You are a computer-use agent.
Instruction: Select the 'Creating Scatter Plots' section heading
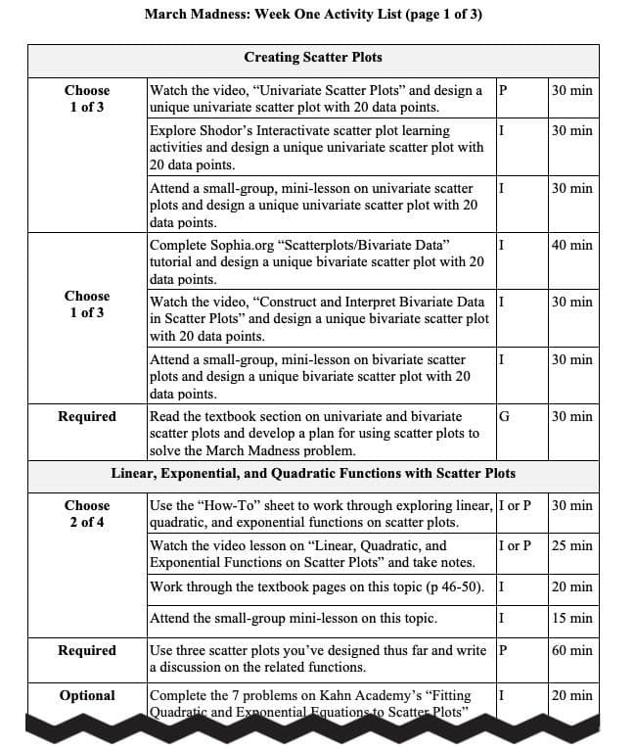(x=313, y=58)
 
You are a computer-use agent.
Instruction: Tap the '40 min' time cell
(x=571, y=245)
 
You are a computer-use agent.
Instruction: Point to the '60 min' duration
(x=571, y=650)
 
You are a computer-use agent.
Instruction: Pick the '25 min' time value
(x=571, y=545)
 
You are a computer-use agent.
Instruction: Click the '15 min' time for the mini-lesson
(x=571, y=619)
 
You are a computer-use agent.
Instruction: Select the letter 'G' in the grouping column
(x=504, y=416)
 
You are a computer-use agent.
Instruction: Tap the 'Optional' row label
(x=87, y=695)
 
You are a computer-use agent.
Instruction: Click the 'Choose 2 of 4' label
(x=87, y=514)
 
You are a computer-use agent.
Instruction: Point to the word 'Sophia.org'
(x=242, y=245)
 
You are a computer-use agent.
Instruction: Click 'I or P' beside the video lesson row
(x=514, y=545)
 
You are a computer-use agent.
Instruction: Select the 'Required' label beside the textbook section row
(x=87, y=416)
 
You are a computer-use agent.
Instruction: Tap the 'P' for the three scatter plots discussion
(x=502, y=650)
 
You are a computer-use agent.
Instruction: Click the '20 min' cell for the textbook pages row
(x=571, y=587)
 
